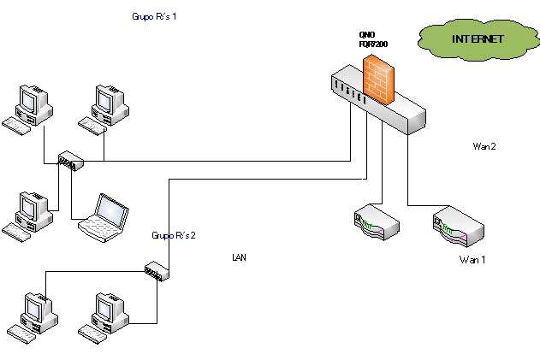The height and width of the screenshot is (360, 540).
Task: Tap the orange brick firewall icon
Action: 377,78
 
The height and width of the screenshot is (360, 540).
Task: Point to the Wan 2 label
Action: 484,146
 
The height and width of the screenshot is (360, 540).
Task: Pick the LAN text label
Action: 240,257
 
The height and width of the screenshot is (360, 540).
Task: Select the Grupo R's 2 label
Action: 174,234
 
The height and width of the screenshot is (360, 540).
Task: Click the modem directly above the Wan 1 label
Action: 459,227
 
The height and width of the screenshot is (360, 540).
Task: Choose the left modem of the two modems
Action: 377,223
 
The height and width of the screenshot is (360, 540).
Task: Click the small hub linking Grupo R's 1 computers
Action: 68,160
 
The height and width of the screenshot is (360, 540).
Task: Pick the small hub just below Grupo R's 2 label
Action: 157,272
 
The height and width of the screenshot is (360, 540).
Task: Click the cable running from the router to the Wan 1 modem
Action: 409,171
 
